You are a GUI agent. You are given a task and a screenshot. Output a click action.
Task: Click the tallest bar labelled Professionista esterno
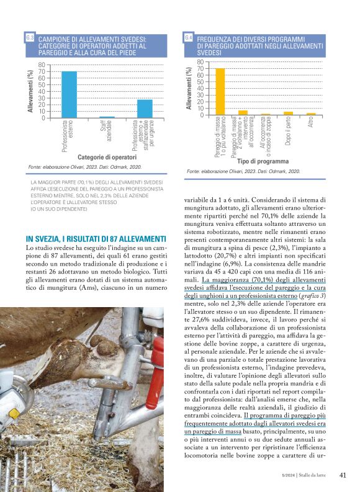(x=69, y=94)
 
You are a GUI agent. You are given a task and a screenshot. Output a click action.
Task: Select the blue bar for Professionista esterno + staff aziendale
(x=145, y=109)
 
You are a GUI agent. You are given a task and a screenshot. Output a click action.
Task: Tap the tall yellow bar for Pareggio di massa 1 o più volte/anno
(x=219, y=92)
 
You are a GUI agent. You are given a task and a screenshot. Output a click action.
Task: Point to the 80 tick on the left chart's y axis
(x=41, y=65)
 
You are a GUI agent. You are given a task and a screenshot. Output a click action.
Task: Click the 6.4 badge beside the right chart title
(x=189, y=38)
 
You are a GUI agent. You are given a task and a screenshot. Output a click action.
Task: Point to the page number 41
(x=343, y=476)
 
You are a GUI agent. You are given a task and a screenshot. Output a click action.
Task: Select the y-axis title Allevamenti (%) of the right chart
(x=189, y=89)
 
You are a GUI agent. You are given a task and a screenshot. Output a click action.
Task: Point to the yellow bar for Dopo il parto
(x=288, y=113)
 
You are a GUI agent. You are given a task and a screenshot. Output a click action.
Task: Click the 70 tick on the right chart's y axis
(x=200, y=69)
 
